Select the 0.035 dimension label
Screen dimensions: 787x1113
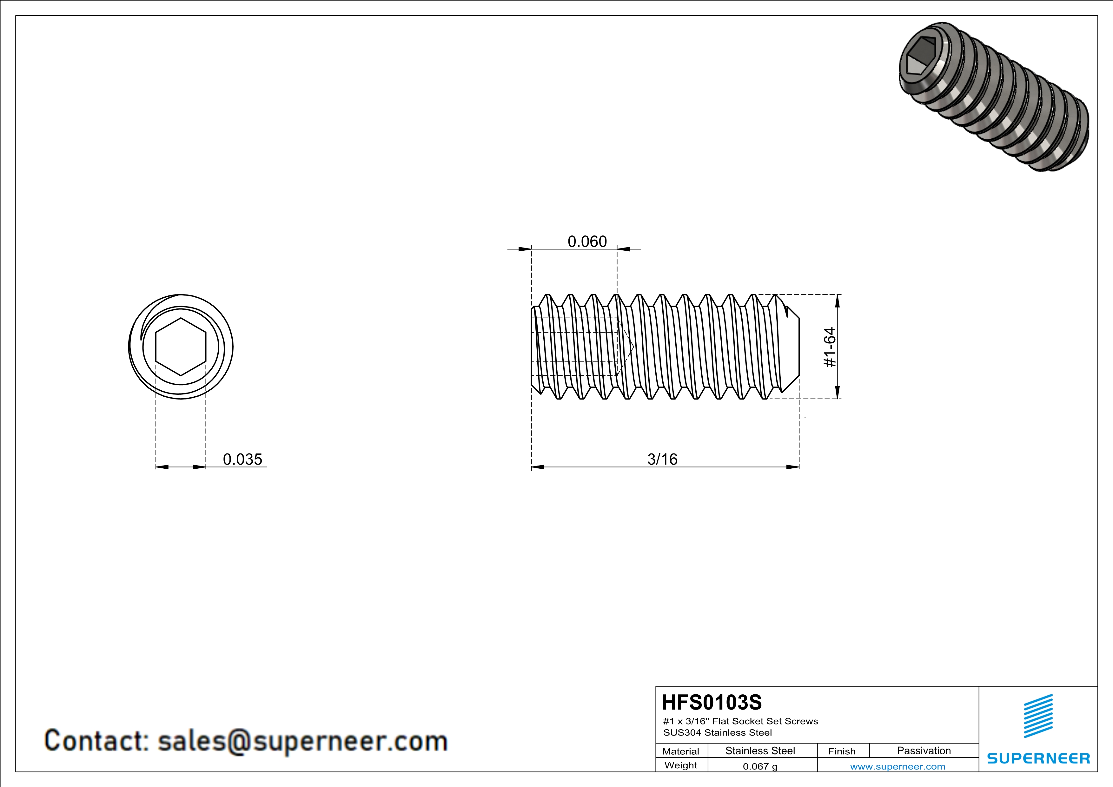point(242,459)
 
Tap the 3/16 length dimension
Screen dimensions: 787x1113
point(662,459)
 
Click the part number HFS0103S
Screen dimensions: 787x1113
point(712,702)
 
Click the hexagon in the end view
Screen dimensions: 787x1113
point(181,347)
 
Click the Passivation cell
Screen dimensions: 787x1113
point(924,751)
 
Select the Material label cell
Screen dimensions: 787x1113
point(681,751)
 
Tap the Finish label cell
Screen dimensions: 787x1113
point(842,751)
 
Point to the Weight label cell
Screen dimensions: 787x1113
point(681,765)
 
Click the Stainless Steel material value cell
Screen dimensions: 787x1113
point(760,751)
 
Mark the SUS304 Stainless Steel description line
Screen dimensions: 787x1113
point(718,733)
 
